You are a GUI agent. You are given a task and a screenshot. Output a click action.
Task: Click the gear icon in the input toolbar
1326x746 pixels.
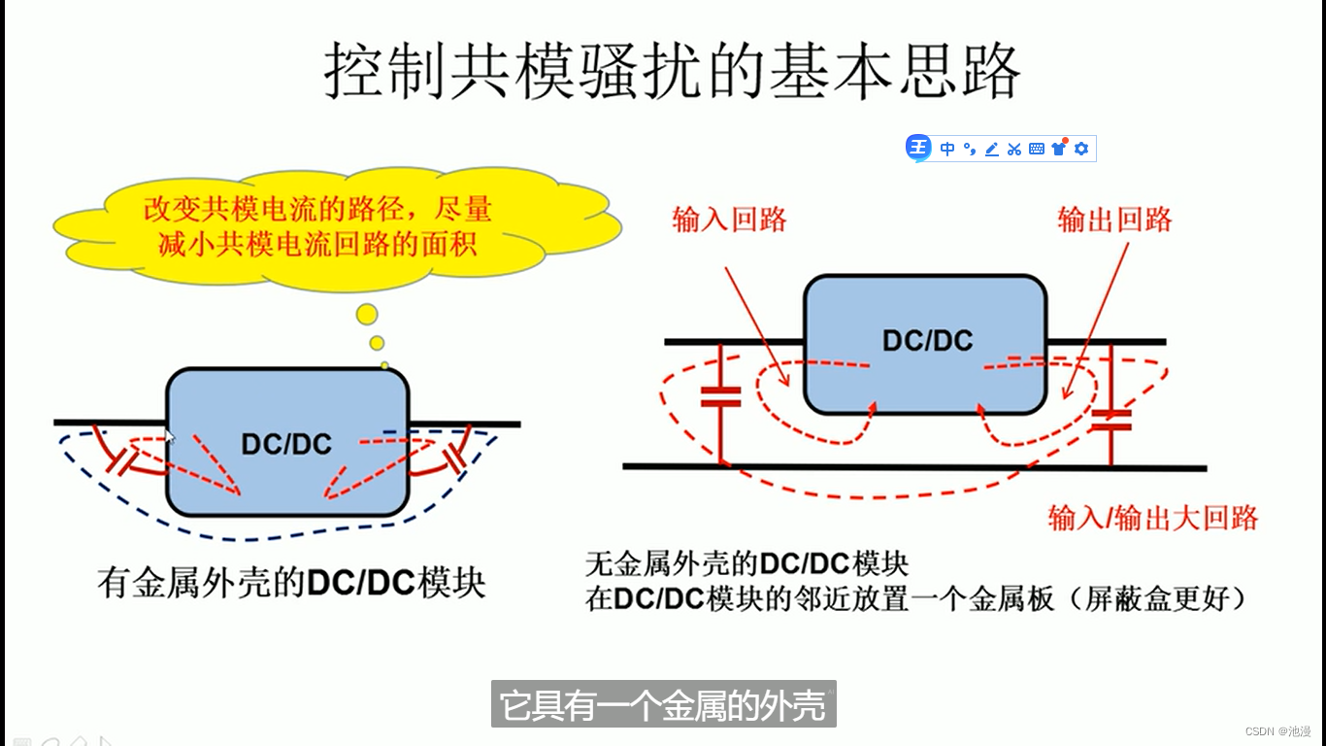coord(1081,149)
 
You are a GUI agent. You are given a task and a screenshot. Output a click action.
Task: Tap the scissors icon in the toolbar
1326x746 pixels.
coord(1014,149)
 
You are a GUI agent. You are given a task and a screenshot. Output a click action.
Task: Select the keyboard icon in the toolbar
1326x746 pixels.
coord(1037,149)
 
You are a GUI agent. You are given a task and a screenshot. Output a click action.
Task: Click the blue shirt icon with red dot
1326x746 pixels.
coord(1059,148)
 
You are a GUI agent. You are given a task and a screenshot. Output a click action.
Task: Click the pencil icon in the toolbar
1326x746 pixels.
coord(991,149)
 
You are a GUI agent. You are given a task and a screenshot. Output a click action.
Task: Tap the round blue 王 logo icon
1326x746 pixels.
coord(918,148)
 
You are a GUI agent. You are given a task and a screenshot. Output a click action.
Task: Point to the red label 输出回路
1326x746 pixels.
coord(1114,220)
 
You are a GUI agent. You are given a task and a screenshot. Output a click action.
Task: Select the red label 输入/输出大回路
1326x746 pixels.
coord(1153,517)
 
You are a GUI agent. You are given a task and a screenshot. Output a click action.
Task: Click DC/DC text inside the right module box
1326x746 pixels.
coord(927,341)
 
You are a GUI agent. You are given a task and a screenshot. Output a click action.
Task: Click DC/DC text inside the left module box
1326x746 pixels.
coord(286,445)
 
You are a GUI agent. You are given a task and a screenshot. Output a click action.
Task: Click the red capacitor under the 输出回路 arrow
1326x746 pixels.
coord(1111,420)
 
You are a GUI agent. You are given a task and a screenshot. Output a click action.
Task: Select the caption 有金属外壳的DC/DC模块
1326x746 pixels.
coord(291,583)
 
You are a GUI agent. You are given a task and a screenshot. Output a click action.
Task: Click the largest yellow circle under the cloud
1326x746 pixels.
coord(367,314)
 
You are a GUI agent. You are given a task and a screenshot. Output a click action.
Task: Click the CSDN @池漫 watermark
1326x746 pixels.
coord(1277,730)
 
